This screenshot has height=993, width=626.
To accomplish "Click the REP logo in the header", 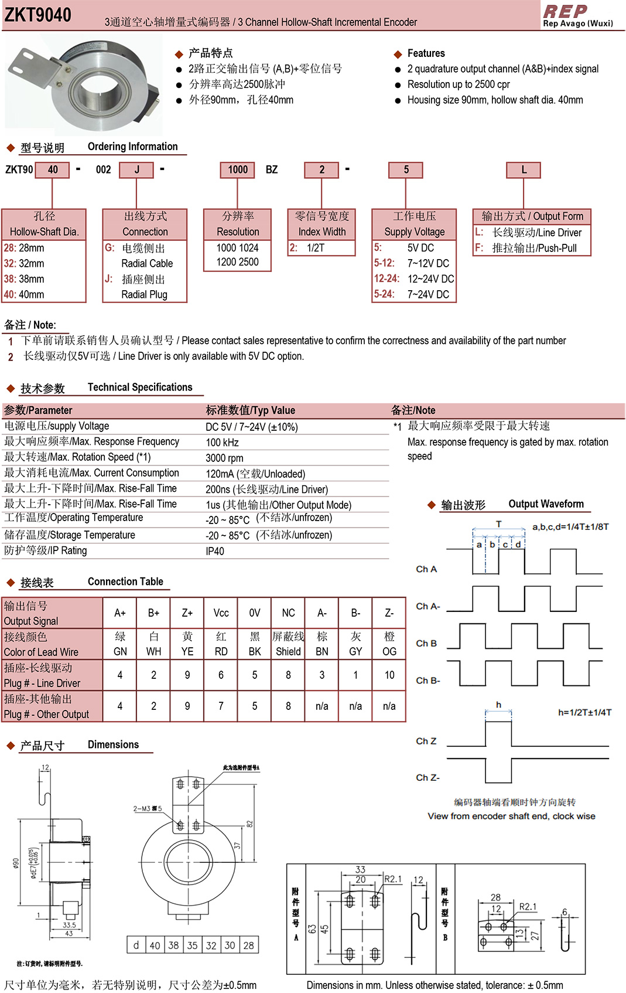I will (565, 11).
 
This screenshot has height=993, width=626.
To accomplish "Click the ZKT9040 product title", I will (38, 15).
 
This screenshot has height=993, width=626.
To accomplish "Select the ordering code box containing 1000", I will (238, 170).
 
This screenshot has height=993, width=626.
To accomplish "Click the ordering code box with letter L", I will (524, 170).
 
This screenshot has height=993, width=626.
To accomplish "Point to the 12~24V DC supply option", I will (414, 279).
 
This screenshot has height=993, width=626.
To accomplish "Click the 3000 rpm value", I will (224, 458).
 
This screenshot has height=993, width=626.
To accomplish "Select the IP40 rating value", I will (215, 551).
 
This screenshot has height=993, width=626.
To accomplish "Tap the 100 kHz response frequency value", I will (222, 443).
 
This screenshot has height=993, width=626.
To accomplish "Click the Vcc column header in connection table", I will (221, 613).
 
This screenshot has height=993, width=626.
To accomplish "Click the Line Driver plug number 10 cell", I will (389, 675).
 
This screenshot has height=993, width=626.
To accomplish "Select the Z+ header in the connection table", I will (187, 613).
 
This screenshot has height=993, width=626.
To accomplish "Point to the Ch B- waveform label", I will (428, 681).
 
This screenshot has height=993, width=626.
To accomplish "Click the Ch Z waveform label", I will (426, 741).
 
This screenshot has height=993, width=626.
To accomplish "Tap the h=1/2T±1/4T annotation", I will (584, 712).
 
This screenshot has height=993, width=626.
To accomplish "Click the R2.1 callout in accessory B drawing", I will (528, 907).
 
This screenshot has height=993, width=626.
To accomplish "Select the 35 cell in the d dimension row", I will (193, 946).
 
